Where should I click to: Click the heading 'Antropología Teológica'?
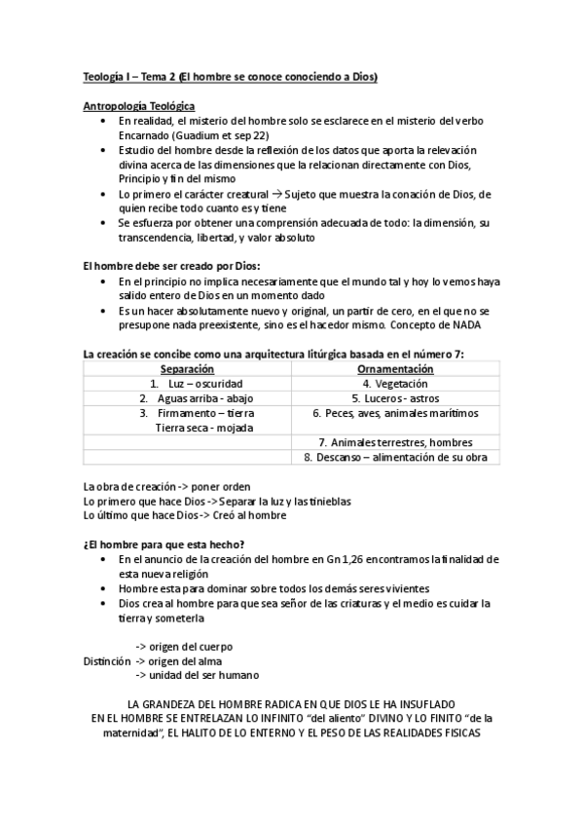138,105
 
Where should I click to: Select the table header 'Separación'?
187,370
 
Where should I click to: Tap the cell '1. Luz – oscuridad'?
188,384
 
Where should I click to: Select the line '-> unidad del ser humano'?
197,675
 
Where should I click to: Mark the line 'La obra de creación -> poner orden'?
167,486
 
